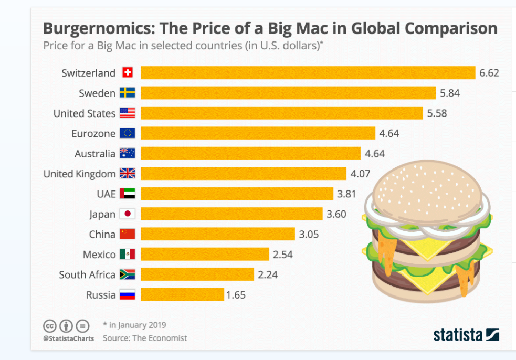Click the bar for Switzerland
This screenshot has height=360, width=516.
pyautogui.click(x=308, y=73)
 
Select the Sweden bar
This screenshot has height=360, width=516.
pyautogui.click(x=288, y=93)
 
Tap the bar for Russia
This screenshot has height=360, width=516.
pyautogui.click(x=182, y=294)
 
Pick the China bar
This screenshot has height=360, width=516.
pyautogui.click(x=217, y=234)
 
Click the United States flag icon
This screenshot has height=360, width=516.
pyautogui.click(x=128, y=113)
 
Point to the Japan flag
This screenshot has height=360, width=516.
pyautogui.click(x=128, y=214)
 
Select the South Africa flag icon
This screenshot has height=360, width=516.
pyautogui.click(x=128, y=274)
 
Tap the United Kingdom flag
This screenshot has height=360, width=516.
pyautogui.click(x=128, y=174)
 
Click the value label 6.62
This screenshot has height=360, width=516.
pyautogui.click(x=489, y=73)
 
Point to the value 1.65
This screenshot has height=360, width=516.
pyautogui.click(x=236, y=295)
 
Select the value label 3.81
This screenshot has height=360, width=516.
pyautogui.click(x=346, y=194)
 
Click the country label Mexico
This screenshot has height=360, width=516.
pyautogui.click(x=99, y=255)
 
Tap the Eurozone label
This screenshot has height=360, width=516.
pyautogui.click(x=93, y=134)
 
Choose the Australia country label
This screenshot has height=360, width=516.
pyautogui.click(x=94, y=154)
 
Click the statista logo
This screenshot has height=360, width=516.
pyautogui.click(x=466, y=334)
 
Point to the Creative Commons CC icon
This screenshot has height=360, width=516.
pyautogui.click(x=50, y=325)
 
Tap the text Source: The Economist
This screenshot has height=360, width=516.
pyautogui.click(x=145, y=338)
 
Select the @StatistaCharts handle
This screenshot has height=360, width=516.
pyautogui.click(x=68, y=338)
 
